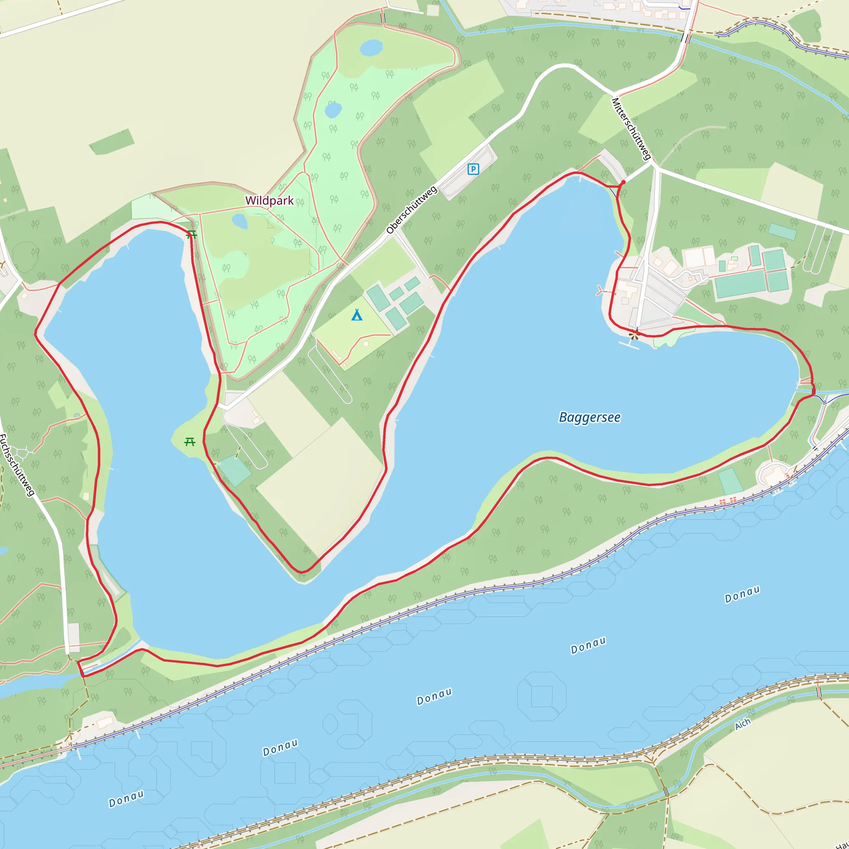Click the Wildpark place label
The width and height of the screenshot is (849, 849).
269,200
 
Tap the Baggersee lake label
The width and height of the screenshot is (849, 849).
589,417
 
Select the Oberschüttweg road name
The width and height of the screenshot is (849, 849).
412,210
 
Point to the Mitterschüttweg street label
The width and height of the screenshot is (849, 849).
631,129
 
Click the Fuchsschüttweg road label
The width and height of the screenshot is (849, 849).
17,465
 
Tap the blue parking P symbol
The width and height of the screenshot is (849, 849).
473,169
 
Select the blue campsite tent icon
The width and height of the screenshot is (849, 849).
357,315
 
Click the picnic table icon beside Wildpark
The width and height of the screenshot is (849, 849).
192,235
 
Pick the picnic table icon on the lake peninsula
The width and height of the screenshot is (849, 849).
190,441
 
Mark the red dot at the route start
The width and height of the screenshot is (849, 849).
623,182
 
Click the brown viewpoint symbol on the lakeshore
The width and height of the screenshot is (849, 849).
633,336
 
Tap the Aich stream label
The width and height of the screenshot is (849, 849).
742,724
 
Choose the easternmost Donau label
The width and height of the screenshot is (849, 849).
742,594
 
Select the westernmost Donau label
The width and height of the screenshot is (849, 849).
126,799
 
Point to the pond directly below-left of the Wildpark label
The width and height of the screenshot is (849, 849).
240,221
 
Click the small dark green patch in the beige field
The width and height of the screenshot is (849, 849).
112,141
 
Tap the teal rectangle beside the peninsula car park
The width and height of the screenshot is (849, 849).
235,471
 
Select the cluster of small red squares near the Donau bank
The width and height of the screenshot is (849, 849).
728,500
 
